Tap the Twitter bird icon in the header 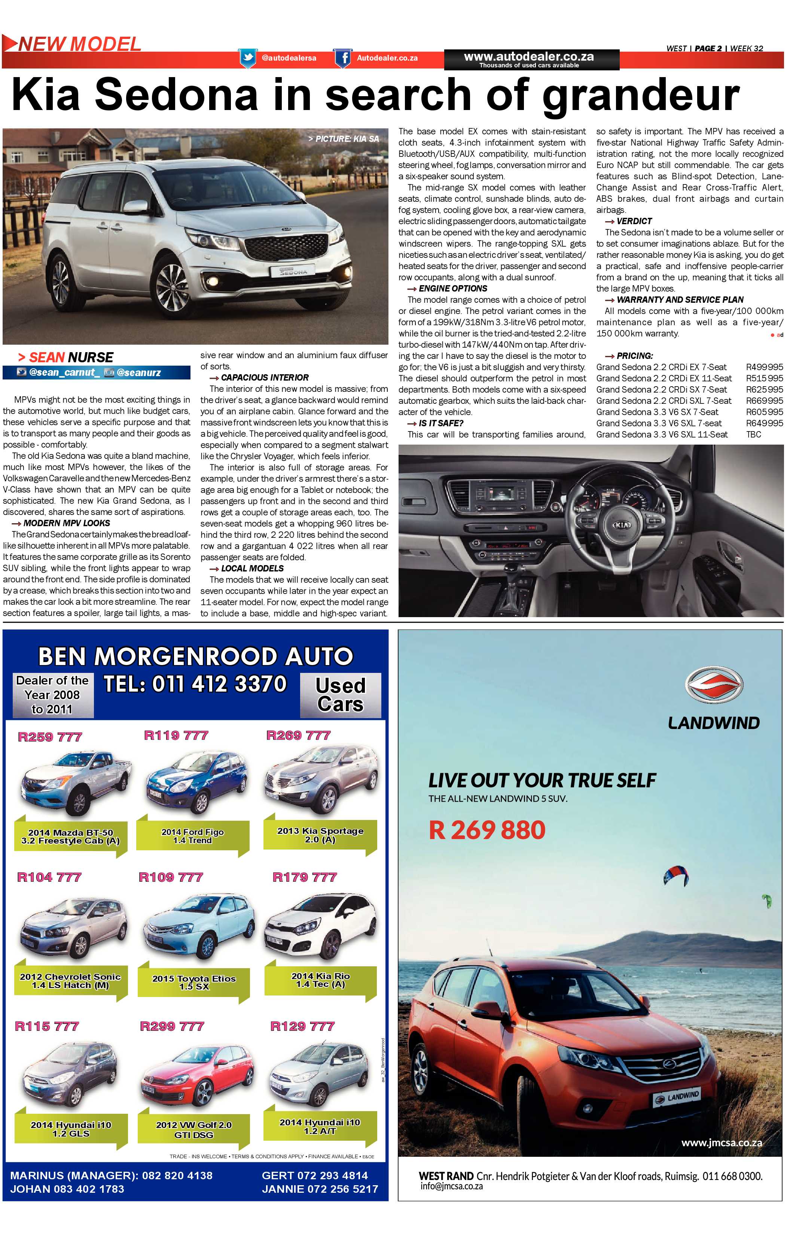coord(248,58)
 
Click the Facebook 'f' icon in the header coord(343,58)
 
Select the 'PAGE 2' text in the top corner coord(708,48)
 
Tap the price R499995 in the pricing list coord(764,367)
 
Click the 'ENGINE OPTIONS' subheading coord(452,289)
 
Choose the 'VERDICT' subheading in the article coord(634,221)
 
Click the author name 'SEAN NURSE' coord(71,357)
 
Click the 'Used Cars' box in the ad coord(340,695)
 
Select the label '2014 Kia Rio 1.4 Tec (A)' coord(320,980)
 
